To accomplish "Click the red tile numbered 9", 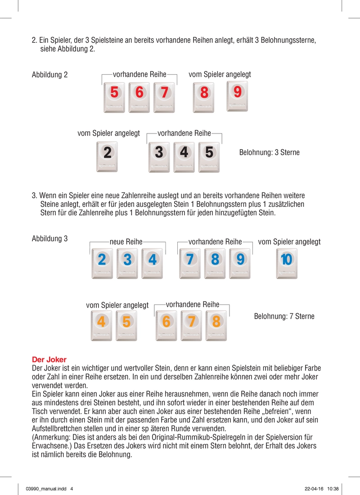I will tap(238, 96).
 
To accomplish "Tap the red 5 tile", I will tap(114, 97).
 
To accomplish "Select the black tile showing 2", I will tap(107, 156).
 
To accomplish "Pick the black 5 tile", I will tap(209, 156).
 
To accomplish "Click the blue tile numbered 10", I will tap(286, 263).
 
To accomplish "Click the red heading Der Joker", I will tap(49, 360).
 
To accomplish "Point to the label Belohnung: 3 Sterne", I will tap(269, 152).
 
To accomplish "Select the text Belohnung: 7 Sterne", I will tap(284, 317).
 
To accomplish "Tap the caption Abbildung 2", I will tap(49, 75).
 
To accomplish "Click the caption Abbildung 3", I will tap(49, 239).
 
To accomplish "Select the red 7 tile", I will tap(165, 97).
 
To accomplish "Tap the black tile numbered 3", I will tap(158, 156).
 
